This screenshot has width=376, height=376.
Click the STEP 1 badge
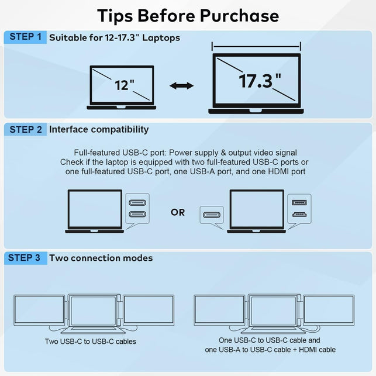25,37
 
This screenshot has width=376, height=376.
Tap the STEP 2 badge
25,129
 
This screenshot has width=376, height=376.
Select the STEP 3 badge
25,257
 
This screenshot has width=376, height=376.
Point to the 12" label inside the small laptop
124,85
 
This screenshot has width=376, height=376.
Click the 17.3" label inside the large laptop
259,81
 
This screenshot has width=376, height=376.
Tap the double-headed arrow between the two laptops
181,86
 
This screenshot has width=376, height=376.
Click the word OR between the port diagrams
178,212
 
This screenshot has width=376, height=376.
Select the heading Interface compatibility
99,129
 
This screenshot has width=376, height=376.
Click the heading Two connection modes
101,258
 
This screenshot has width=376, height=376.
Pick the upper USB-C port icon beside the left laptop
137,203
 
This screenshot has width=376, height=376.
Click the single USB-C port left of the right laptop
211,215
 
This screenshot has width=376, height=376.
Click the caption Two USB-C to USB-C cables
91,341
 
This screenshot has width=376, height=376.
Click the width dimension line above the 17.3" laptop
256,47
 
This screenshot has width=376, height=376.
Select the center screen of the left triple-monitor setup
94,310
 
